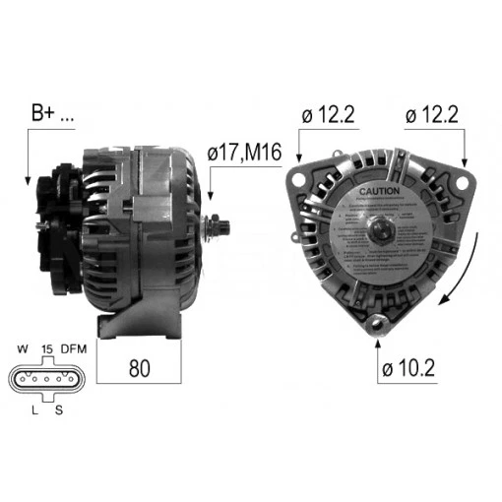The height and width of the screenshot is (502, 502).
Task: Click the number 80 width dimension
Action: point(140,368)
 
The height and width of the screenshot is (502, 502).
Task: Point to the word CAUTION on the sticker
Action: point(378,190)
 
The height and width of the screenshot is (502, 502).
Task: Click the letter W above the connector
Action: point(22,349)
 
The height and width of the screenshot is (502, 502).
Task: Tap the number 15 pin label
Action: point(46,349)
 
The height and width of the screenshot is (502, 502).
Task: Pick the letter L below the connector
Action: point(32,409)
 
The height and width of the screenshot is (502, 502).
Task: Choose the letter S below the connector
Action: point(59,409)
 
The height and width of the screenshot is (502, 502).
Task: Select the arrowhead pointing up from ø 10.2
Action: point(377,344)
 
